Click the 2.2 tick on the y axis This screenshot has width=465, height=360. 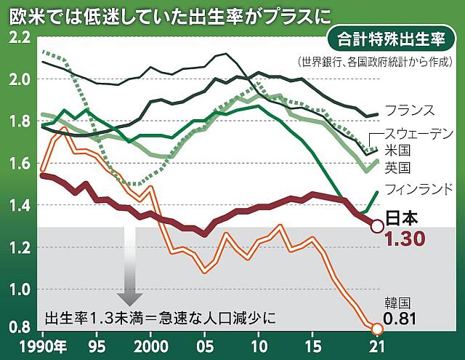pyautogui.click(x=16, y=37)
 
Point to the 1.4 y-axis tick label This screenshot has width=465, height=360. pyautogui.click(x=16, y=206)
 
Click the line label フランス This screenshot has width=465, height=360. pyautogui.click(x=410, y=111)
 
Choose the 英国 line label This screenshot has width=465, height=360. pyautogui.click(x=399, y=168)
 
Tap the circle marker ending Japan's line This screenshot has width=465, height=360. pyautogui.click(x=377, y=226)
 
